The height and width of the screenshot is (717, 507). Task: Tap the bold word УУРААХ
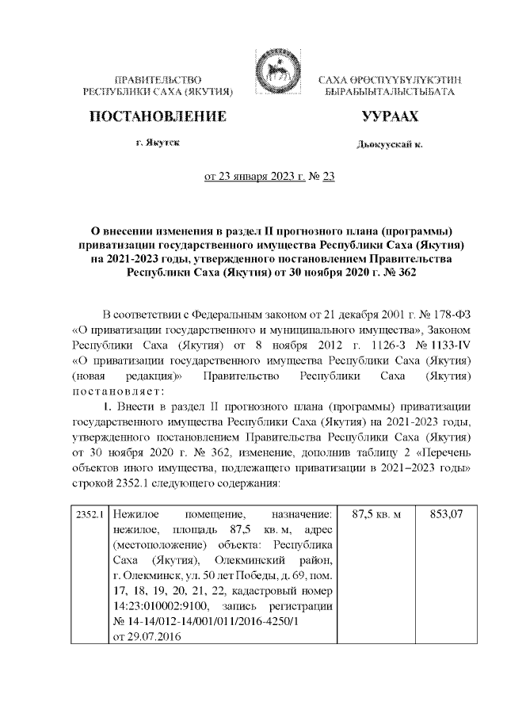(389, 116)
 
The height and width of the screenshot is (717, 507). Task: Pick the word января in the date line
(250, 176)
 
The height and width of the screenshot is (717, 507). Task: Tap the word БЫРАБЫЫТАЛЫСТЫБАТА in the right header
(389, 93)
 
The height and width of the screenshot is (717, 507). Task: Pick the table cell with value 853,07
(446, 516)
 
